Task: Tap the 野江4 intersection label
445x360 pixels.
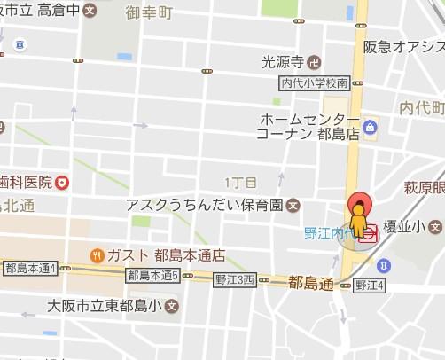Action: coord(369,285)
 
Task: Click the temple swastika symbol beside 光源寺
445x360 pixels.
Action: coord(313,61)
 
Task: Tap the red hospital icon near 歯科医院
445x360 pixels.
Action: coord(62,183)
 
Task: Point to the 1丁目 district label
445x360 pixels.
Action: coord(241,183)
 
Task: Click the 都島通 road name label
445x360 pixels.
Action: coord(310,283)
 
